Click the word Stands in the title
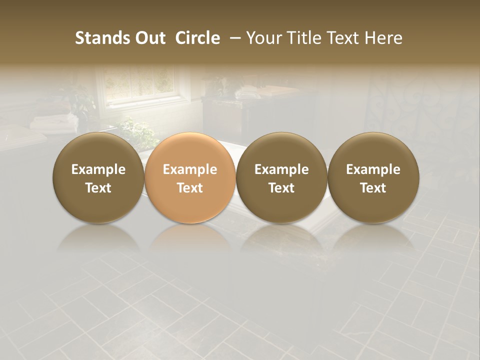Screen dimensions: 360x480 (x=97, y=38)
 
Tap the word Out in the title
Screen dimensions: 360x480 (x=149, y=38)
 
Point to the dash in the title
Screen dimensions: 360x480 (x=233, y=38)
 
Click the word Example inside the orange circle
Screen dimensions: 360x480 (x=190, y=169)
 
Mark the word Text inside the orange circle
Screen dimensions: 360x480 (x=190, y=188)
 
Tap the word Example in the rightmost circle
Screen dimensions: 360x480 (x=373, y=169)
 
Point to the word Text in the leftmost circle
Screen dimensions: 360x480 (x=98, y=188)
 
